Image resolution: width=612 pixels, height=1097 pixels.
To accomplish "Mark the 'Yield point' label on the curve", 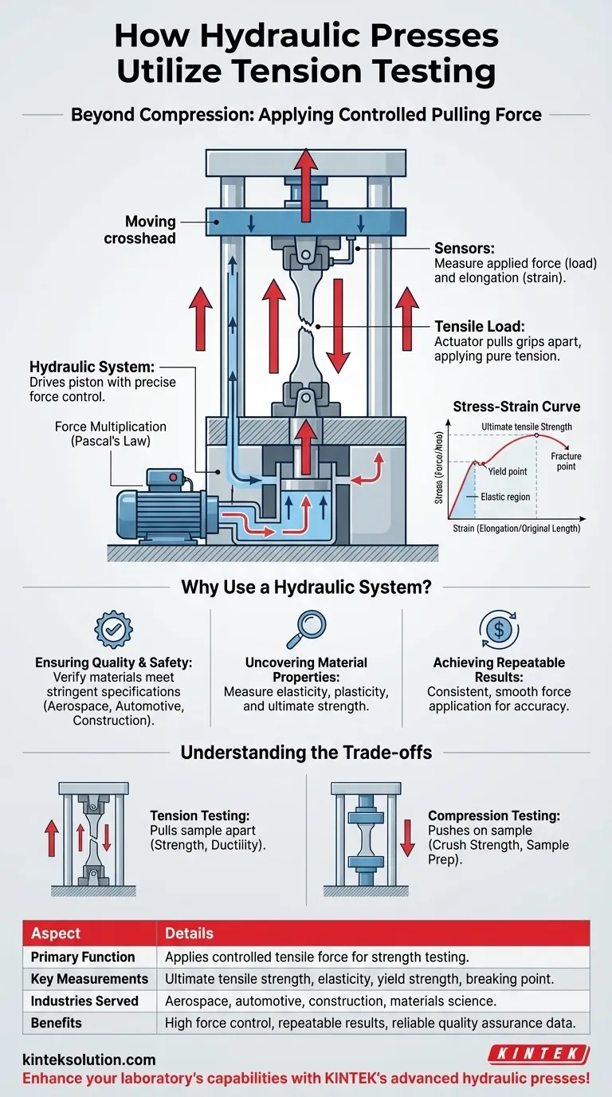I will (507, 471).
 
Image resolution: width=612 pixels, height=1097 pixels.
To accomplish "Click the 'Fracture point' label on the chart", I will (566, 461).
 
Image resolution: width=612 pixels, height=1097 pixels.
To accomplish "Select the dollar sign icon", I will (498, 629).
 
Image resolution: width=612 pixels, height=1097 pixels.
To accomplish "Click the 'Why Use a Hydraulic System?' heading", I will (306, 588).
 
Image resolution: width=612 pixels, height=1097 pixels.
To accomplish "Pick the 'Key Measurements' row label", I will (89, 978).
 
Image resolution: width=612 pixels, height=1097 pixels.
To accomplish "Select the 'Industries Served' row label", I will (84, 1001).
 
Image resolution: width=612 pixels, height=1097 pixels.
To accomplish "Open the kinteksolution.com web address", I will (88, 1060).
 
